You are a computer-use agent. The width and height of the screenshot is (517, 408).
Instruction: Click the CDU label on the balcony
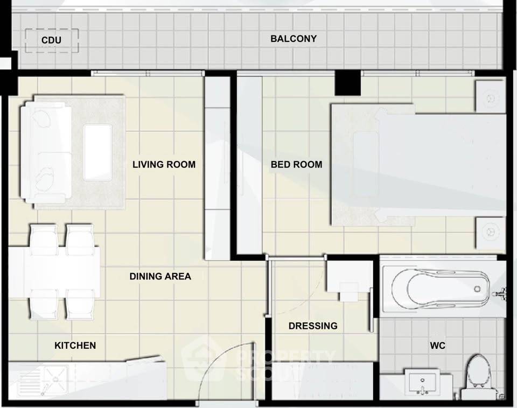click(x=51, y=40)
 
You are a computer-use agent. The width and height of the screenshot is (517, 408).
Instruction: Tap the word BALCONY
click(x=294, y=39)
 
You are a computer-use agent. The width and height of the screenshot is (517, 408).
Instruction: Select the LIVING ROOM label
click(x=164, y=165)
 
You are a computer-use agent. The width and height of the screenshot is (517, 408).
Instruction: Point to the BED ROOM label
click(x=296, y=165)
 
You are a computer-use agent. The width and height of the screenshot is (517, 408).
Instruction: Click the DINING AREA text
click(x=160, y=276)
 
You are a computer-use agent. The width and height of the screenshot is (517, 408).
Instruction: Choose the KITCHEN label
click(x=75, y=346)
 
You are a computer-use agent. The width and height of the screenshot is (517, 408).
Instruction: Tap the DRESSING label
click(x=313, y=326)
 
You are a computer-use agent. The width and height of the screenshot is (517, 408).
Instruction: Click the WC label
click(x=437, y=346)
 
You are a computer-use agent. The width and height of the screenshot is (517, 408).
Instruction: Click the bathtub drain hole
click(x=477, y=289)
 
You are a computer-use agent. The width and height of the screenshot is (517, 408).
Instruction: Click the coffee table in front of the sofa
click(x=98, y=152)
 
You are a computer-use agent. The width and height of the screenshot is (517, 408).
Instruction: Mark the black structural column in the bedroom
click(x=348, y=83)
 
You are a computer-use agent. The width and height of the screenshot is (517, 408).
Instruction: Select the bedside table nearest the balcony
click(x=490, y=96)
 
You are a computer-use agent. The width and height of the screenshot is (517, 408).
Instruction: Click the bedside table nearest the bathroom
click(x=490, y=233)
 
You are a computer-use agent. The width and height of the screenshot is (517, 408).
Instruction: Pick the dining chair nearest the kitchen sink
click(x=44, y=305)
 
